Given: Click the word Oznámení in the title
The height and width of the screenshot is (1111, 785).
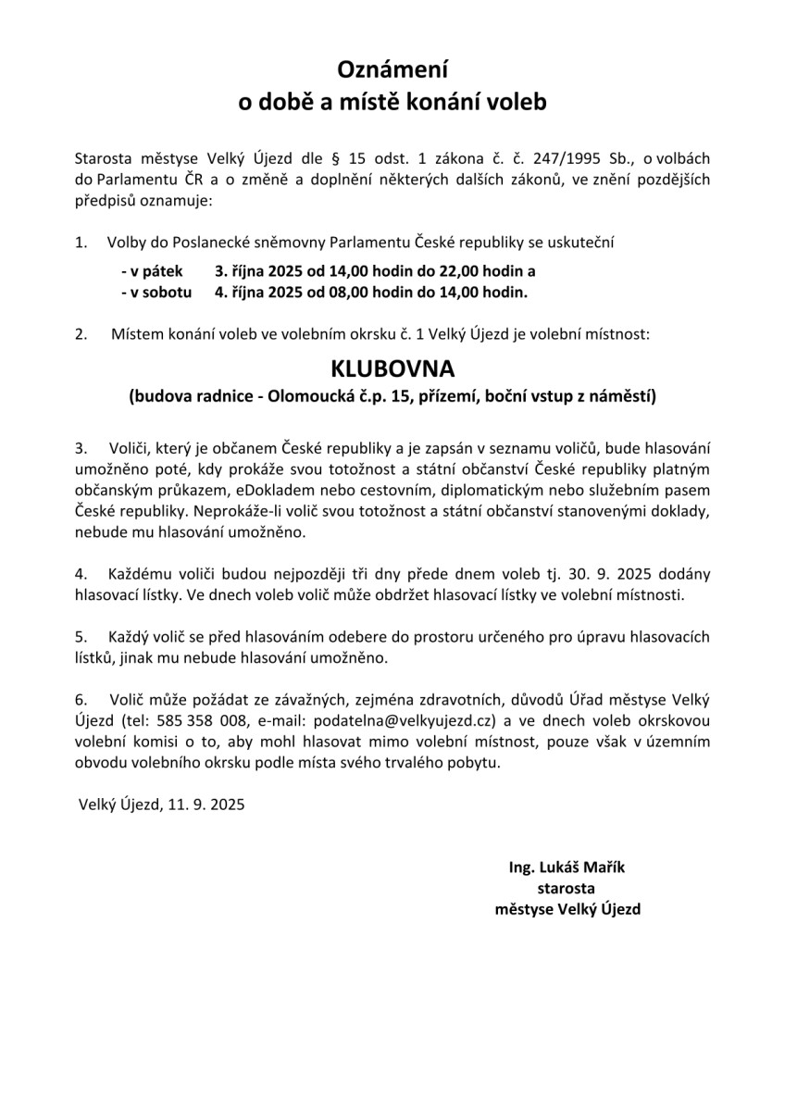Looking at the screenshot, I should (x=392, y=69).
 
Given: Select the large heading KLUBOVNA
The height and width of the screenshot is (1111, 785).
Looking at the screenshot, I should (x=392, y=368).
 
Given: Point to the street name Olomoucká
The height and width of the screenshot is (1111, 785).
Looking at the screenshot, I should (x=307, y=397).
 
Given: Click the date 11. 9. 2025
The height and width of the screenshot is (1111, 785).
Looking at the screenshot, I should (x=203, y=805).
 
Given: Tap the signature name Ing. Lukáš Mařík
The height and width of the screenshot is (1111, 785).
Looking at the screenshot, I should (x=567, y=868).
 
